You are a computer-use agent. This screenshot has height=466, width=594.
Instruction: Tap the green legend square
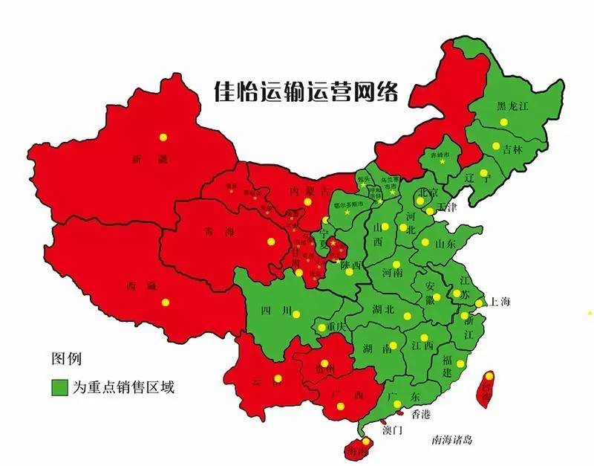59,388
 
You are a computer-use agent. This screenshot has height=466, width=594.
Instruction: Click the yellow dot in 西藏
166,302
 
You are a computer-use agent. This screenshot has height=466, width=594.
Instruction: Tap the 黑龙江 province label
513,106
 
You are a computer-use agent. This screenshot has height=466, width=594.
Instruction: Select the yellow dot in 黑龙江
503,122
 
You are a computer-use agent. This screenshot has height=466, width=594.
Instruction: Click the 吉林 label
512,149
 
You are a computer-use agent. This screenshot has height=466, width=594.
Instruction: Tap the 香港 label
421,413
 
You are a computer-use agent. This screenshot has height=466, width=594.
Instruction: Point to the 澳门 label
393,430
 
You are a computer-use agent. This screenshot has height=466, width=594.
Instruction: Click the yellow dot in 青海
271,241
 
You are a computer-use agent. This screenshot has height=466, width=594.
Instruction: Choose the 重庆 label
338,327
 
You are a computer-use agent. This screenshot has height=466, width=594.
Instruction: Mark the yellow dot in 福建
460,363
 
